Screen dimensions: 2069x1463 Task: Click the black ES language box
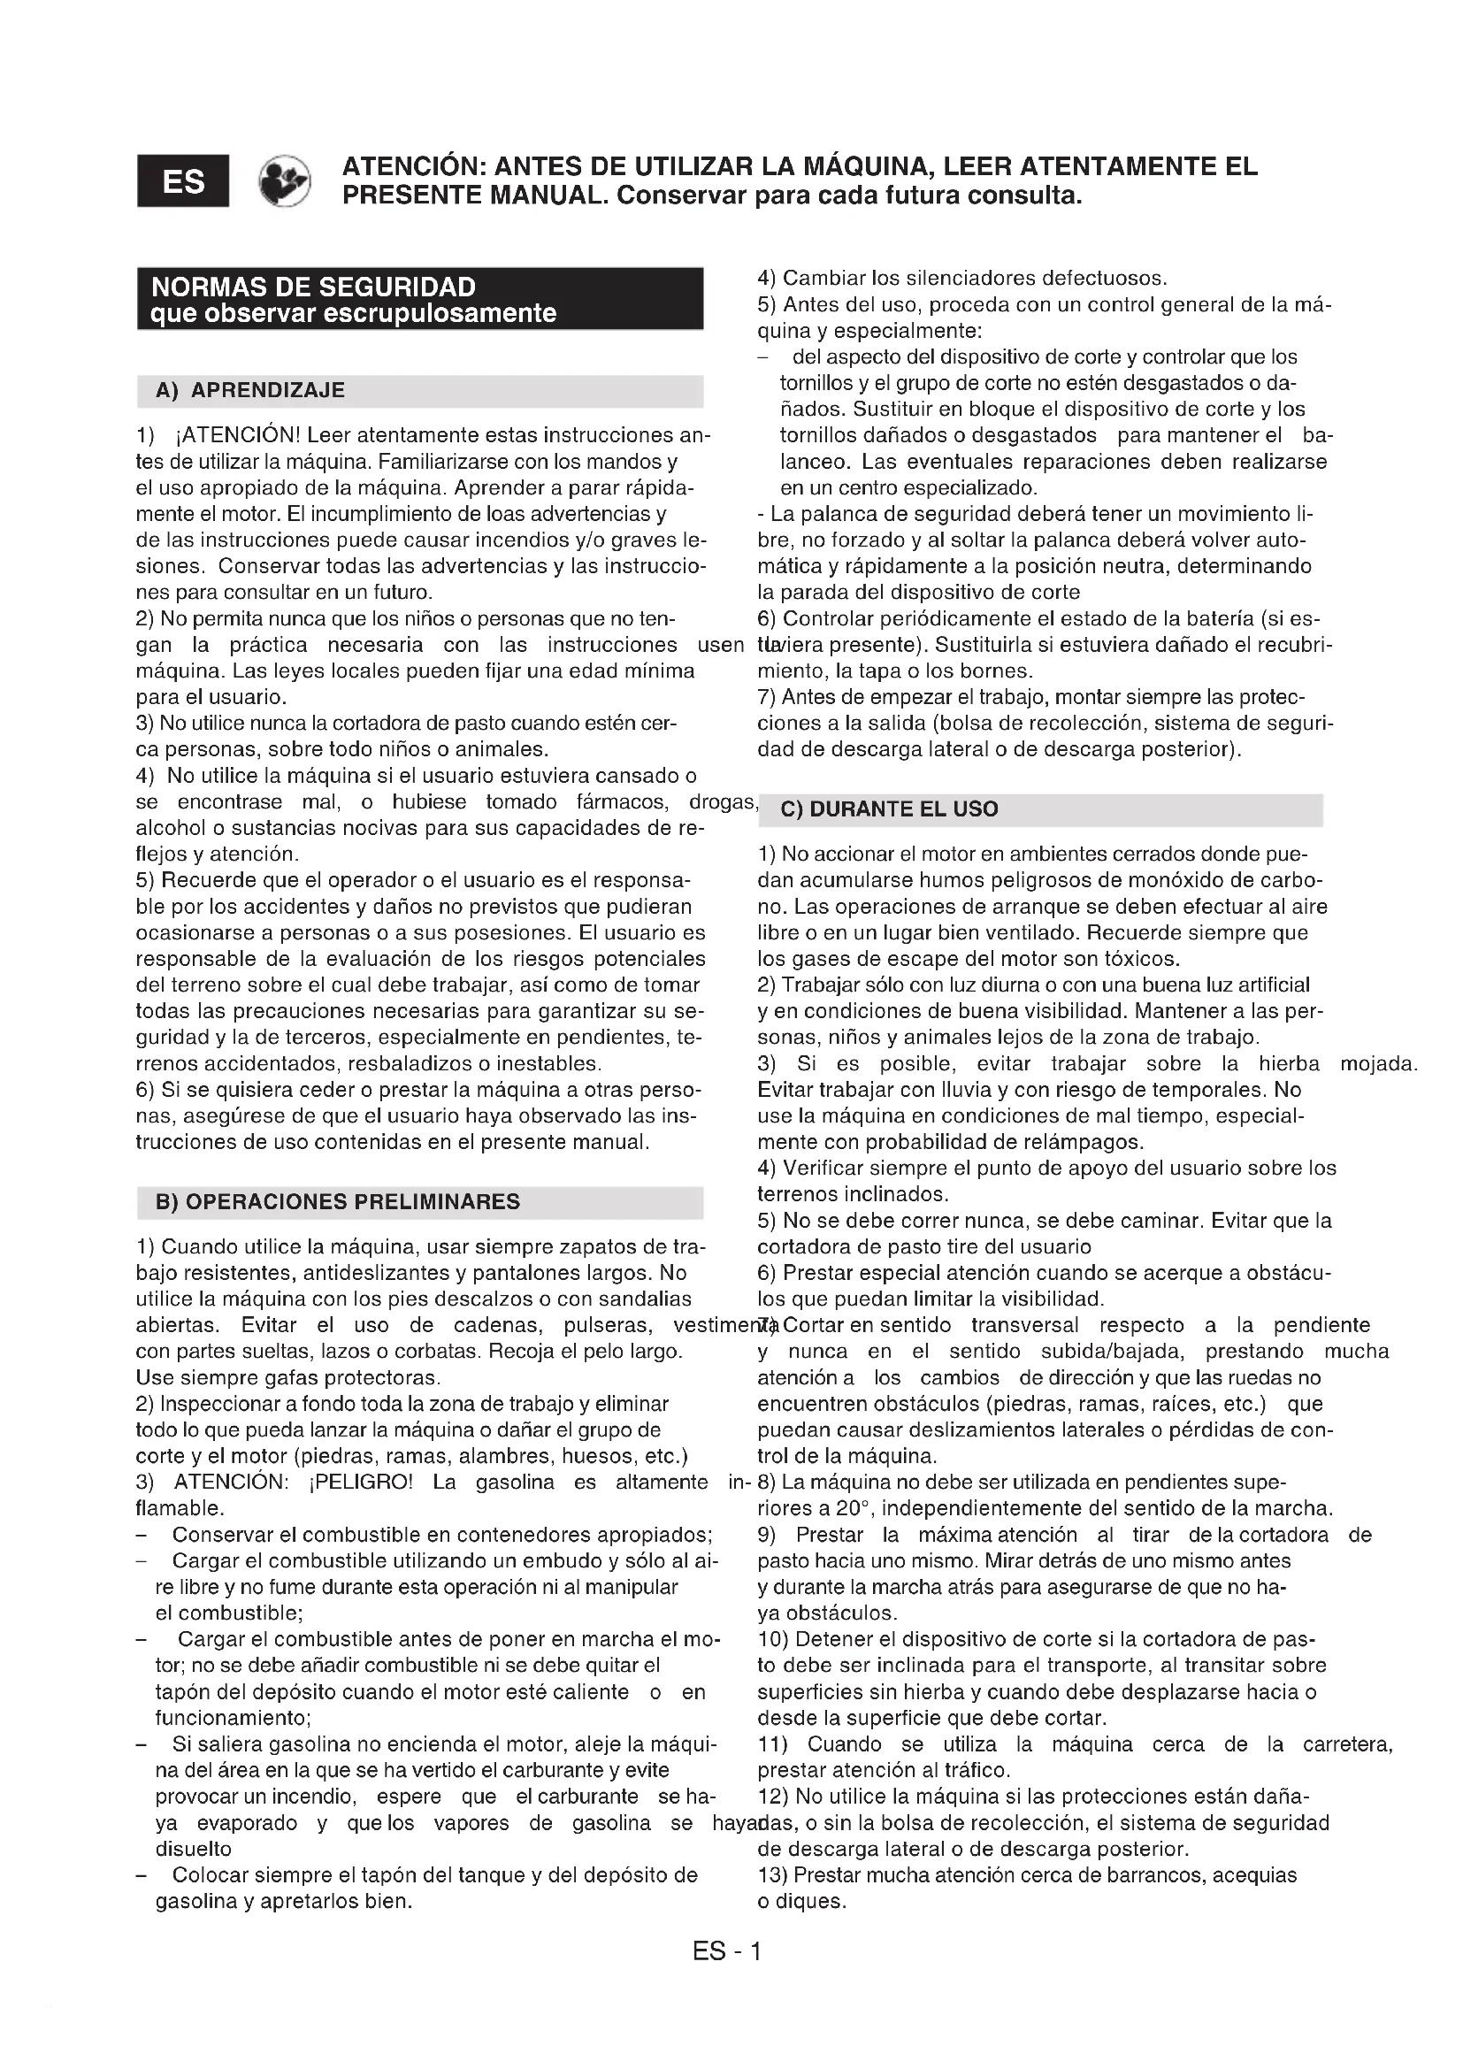[183, 181]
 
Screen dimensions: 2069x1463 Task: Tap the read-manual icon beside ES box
[285, 181]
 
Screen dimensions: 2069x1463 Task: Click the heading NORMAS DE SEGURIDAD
[312, 287]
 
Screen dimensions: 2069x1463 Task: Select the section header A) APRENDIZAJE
[250, 390]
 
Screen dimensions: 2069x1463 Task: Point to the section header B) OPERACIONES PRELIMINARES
[338, 1202]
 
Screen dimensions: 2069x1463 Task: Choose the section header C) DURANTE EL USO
[889, 809]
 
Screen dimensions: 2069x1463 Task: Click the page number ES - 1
[727, 1952]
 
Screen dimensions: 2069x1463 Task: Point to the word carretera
[1347, 1744]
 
